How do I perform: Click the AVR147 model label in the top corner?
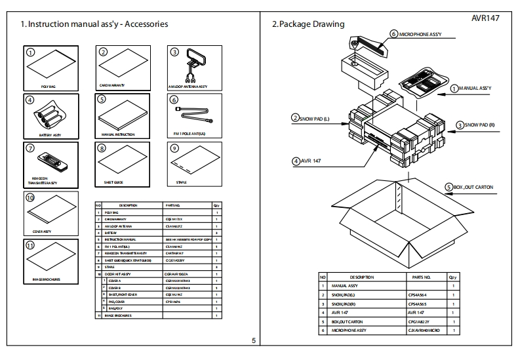pos(485,18)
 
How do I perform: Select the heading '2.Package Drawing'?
pos(308,24)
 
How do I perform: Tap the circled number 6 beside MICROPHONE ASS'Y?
pos(393,33)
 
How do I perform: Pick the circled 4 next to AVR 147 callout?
pos(296,160)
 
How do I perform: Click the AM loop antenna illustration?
pos(193,66)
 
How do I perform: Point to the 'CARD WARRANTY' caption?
pos(112,85)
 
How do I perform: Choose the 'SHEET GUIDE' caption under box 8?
pos(113,182)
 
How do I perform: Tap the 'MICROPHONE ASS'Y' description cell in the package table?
pos(349,330)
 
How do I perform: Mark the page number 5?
pos(253,340)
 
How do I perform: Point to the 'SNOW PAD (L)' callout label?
pos(314,118)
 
